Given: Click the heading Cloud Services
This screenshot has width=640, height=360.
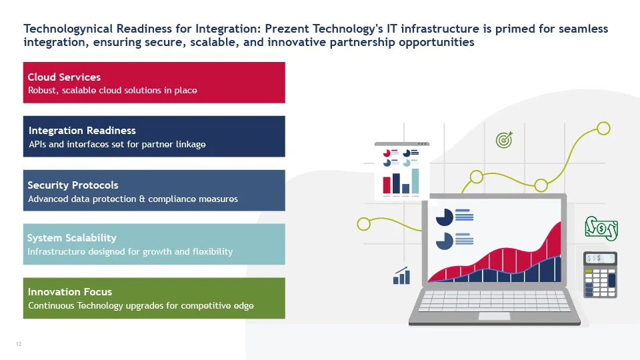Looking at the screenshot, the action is click(x=64, y=77).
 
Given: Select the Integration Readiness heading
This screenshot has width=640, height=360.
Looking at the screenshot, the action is click(x=82, y=131).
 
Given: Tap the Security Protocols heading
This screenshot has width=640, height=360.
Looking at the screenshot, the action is click(x=73, y=185).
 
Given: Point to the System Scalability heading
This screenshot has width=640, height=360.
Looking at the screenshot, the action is click(x=72, y=238).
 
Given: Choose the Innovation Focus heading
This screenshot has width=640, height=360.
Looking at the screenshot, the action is click(x=70, y=292).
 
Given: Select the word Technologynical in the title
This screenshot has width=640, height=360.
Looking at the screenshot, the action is click(x=68, y=29).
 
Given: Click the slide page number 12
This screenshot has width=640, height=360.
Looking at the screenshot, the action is click(x=19, y=344).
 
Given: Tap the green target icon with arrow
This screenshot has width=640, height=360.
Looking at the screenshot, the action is click(x=504, y=140).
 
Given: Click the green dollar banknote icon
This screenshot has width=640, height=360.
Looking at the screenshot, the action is click(x=601, y=228).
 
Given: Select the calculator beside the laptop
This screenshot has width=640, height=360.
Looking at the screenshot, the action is click(x=600, y=275).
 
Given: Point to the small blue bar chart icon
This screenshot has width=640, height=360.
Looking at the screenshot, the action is click(x=401, y=275).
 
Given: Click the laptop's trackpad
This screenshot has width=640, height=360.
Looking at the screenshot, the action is click(x=494, y=316).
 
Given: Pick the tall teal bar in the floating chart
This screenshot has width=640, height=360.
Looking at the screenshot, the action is click(x=415, y=181).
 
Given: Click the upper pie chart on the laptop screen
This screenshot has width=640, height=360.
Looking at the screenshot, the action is click(x=445, y=217).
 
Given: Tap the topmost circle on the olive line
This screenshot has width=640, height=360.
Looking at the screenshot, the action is click(x=603, y=129).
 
